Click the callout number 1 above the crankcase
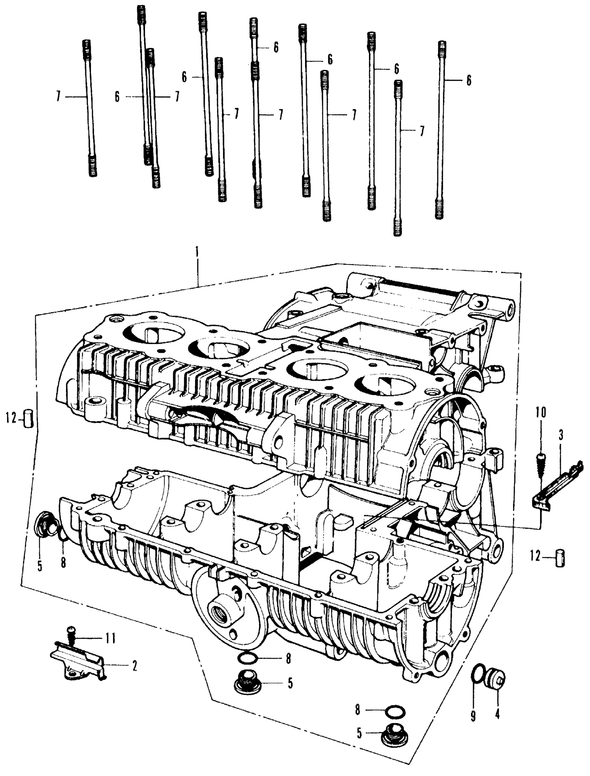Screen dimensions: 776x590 [x=197, y=252]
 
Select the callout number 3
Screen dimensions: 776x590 [x=561, y=436]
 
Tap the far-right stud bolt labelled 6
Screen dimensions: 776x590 [x=440, y=130]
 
